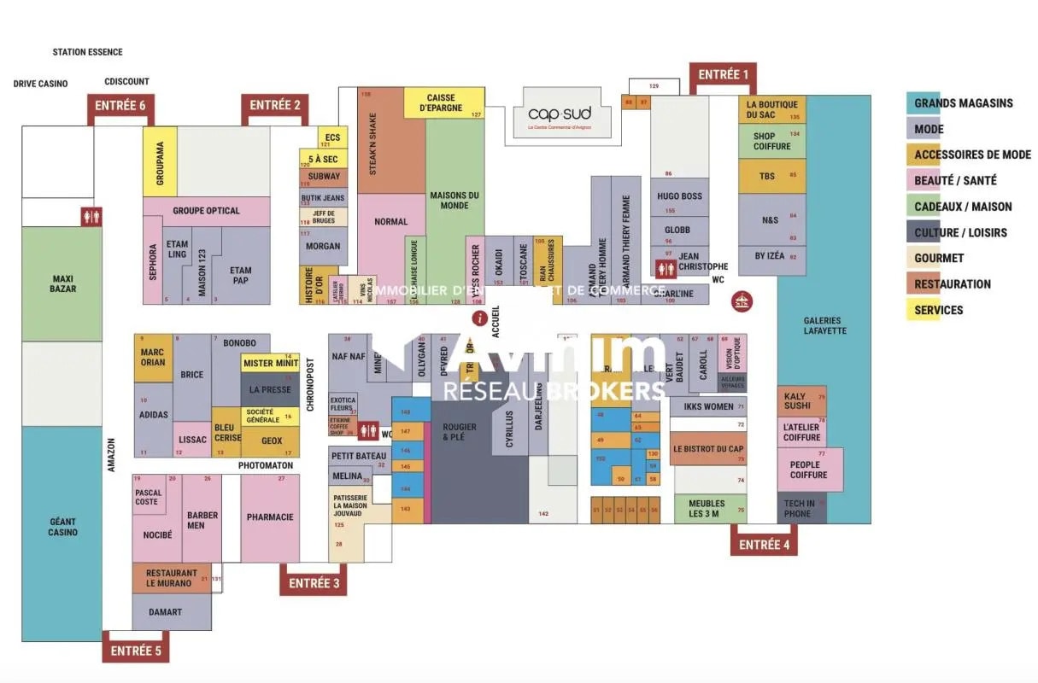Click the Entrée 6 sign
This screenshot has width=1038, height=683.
pos(120,105)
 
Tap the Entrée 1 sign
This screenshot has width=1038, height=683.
pos(723,75)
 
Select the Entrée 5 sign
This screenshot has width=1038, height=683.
pos(135,651)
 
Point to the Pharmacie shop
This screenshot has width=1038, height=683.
pos(270,517)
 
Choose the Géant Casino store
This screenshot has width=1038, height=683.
pos(62,527)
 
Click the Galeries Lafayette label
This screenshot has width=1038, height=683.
pos(824,325)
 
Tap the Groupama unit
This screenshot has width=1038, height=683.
pos(160,161)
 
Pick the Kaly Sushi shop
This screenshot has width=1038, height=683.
pos(801,401)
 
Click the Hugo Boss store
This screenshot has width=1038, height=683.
pos(679,196)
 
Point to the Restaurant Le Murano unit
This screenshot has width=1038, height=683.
pos(171,578)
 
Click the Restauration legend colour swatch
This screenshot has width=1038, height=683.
pos(923,284)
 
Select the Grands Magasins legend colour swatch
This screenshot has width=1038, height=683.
pos(923,103)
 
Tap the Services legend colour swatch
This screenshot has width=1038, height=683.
pos(923,310)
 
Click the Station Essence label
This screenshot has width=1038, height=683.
pos(87,52)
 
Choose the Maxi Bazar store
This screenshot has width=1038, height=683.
pos(62,283)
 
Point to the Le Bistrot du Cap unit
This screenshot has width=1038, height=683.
pos(707,449)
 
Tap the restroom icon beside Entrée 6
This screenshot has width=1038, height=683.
pos(91,217)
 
